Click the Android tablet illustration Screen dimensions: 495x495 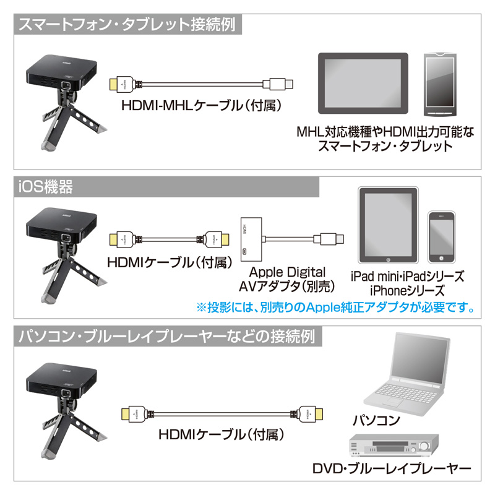pyautogui.click(x=363, y=84)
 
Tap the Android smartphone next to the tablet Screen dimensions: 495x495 pyautogui.click(x=441, y=85)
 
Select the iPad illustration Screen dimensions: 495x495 pyautogui.click(x=389, y=225)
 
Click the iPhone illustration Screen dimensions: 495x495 pyautogui.click(x=441, y=237)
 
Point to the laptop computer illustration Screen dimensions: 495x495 pyautogui.click(x=407, y=374)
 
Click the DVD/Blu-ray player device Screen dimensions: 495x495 pyautogui.click(x=394, y=445)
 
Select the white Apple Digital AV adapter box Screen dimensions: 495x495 pyautogui.click(x=251, y=239)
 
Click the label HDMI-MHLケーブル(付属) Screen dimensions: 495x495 pyautogui.click(x=201, y=105)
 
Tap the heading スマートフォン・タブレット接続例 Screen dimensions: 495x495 pyautogui.click(x=127, y=25)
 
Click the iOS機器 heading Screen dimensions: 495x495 pyautogui.click(x=45, y=187)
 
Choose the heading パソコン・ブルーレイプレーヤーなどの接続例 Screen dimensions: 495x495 pyautogui.click(x=166, y=336)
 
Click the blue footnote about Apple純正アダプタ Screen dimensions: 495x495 pyautogui.click(x=335, y=307)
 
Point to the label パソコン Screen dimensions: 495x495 pyautogui.click(x=376, y=420)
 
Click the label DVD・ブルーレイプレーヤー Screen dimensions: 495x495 pyautogui.click(x=392, y=469)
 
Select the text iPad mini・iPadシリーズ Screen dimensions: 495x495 pyautogui.click(x=407, y=276)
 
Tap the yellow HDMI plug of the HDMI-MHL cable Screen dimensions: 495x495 pyautogui.click(x=113, y=84)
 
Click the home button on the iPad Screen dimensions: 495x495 pyautogui.click(x=389, y=260)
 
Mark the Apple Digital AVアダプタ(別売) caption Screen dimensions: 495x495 pyautogui.click(x=286, y=279)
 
